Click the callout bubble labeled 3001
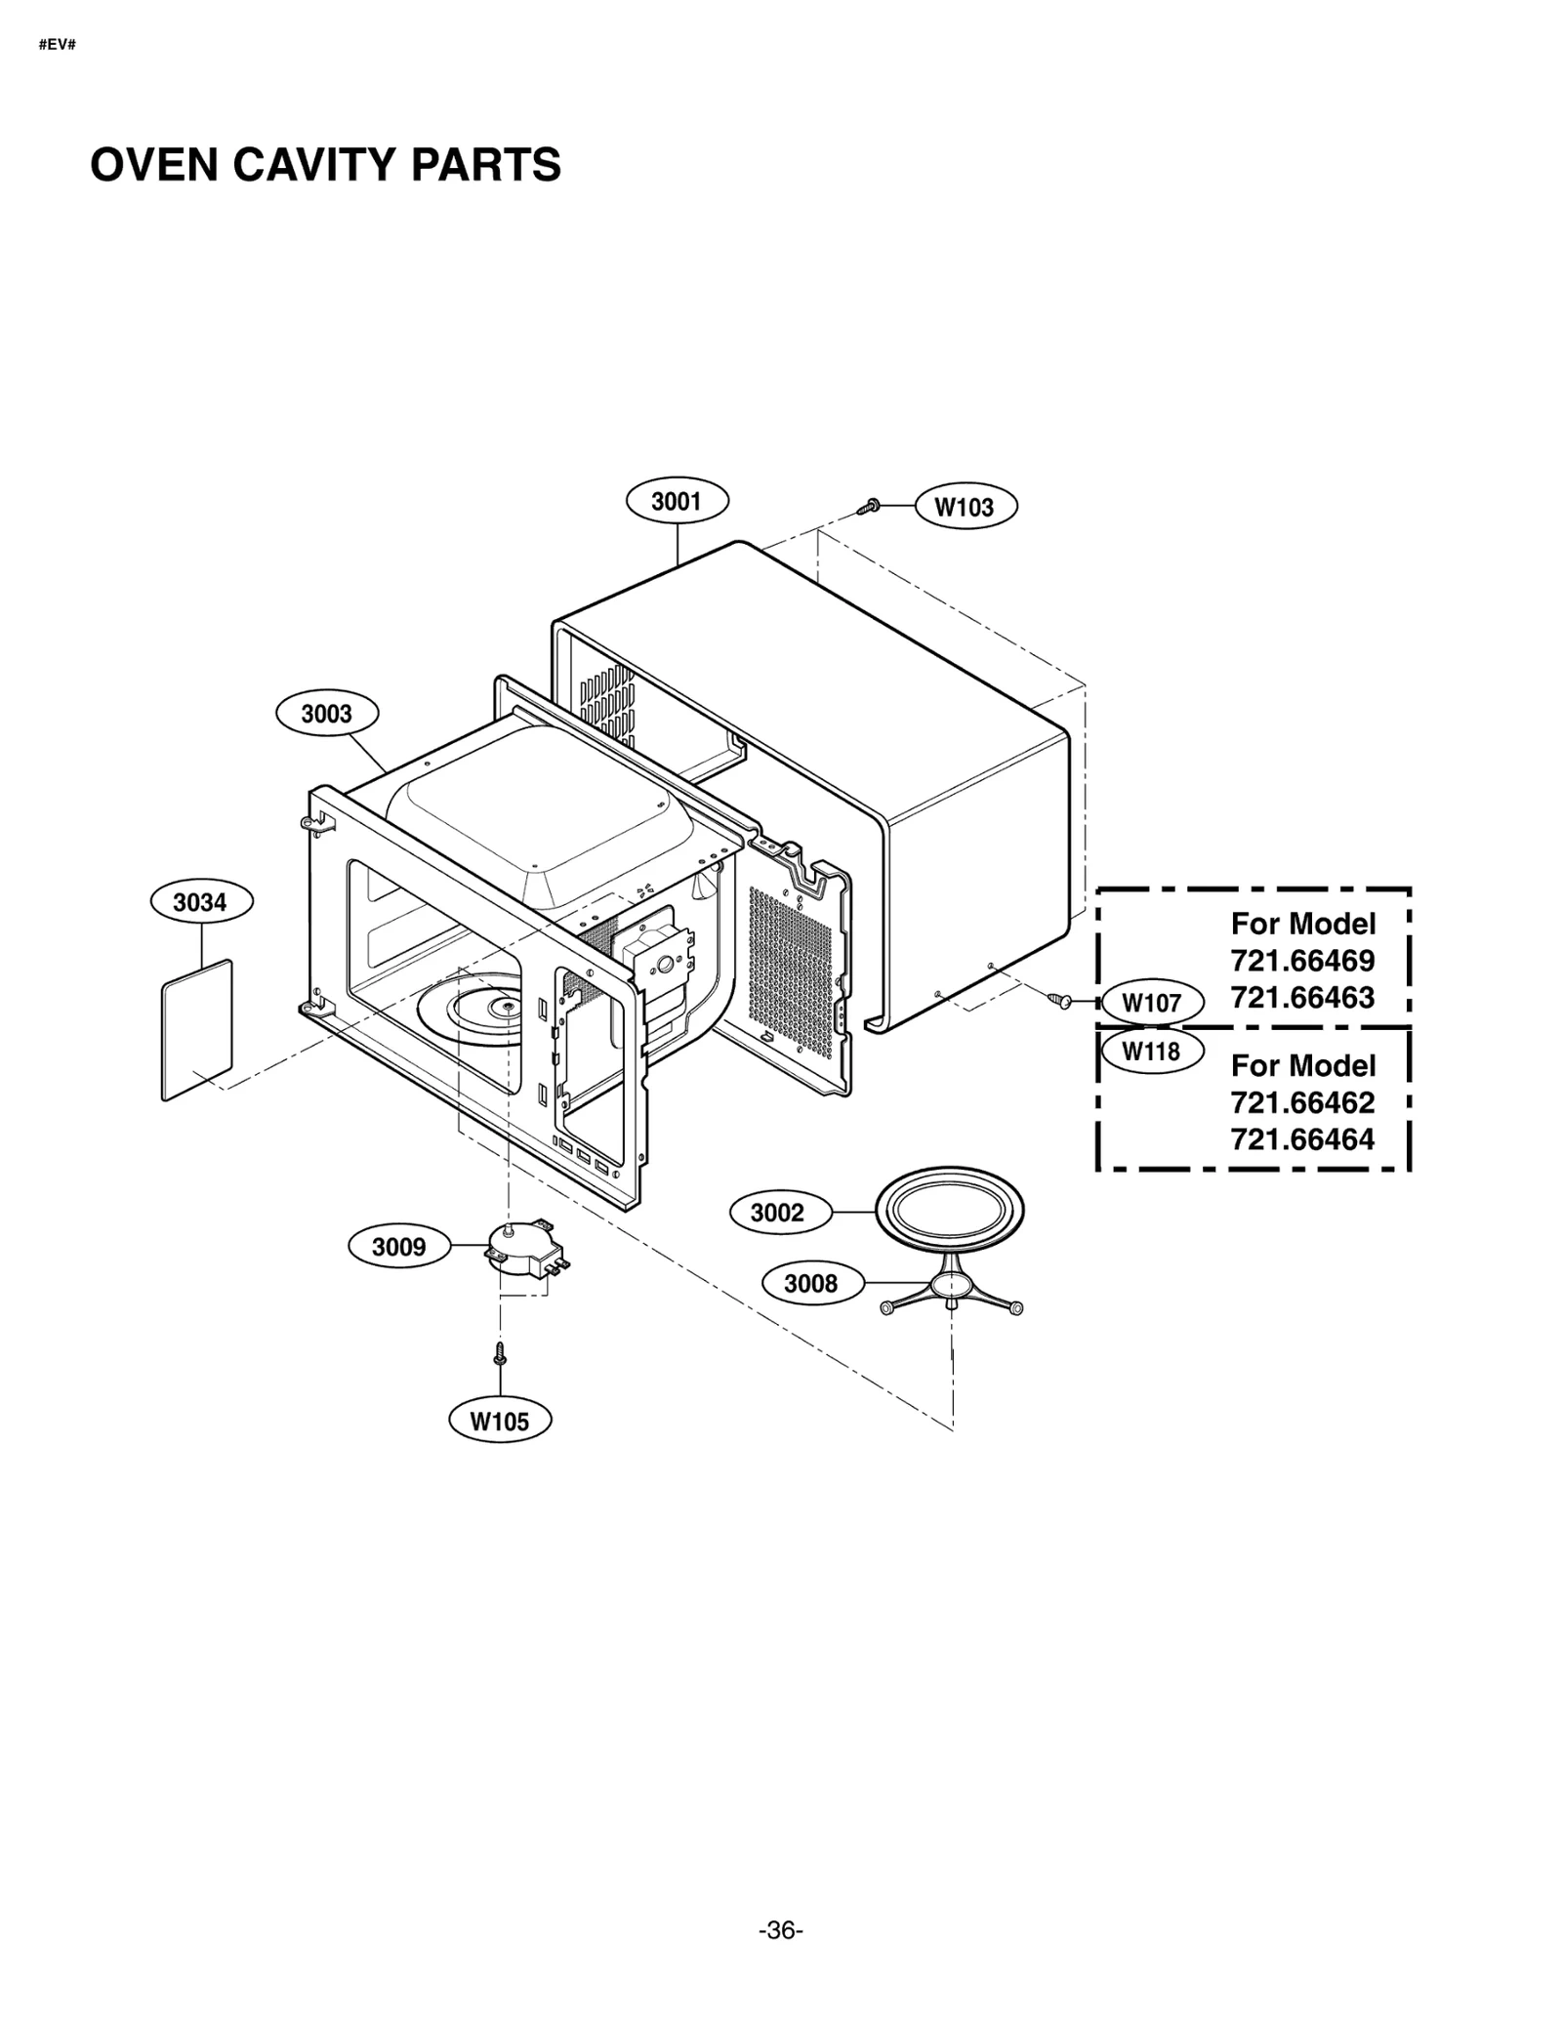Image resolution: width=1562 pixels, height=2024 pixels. click(x=676, y=501)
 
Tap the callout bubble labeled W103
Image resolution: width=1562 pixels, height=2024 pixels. click(x=965, y=507)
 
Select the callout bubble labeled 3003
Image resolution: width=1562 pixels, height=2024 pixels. click(x=326, y=713)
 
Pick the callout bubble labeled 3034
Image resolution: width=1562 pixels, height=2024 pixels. click(x=200, y=902)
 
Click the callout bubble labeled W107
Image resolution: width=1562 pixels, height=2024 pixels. click(x=1151, y=1003)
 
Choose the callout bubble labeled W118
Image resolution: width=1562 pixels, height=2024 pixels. click(x=1151, y=1052)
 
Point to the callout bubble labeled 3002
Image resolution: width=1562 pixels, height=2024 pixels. click(x=777, y=1213)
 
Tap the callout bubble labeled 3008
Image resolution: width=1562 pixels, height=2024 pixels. click(x=810, y=1284)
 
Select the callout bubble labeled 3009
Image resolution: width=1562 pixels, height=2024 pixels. click(x=398, y=1247)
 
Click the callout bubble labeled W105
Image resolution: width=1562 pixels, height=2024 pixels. click(x=499, y=1421)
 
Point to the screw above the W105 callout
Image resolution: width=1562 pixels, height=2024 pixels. click(x=500, y=1353)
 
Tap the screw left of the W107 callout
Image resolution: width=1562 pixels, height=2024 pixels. click(x=1059, y=1000)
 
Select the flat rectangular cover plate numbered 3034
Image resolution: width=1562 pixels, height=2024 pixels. click(x=197, y=1030)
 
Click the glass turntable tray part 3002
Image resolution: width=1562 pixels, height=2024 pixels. click(x=949, y=1212)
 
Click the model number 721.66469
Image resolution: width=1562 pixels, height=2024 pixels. click(x=1302, y=961)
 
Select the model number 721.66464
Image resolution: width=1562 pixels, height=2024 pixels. click(x=1302, y=1139)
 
